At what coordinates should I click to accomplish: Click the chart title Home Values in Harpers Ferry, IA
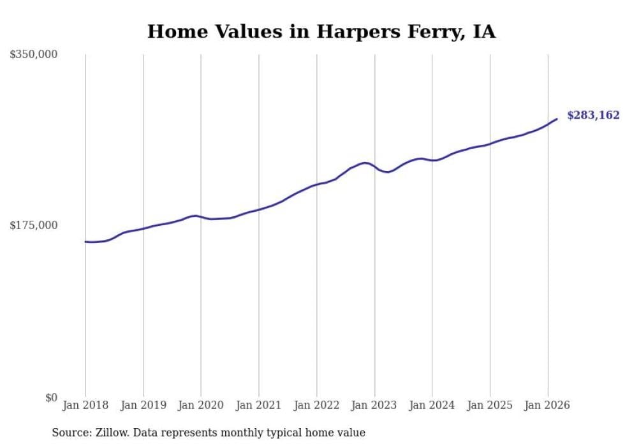click(321, 31)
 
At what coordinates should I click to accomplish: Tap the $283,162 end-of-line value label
click(592, 115)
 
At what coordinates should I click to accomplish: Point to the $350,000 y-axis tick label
click(33, 55)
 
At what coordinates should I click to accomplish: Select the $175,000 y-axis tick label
click(33, 225)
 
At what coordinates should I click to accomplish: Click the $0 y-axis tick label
click(50, 398)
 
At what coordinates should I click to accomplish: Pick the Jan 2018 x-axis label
click(85, 405)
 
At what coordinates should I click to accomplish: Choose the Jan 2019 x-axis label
click(143, 405)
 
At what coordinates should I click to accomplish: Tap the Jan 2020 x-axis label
click(201, 405)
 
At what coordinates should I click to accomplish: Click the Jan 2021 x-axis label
click(259, 405)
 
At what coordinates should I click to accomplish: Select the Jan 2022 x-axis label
click(316, 405)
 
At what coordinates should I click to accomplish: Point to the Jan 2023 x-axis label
click(374, 405)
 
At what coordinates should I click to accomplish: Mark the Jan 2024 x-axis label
click(432, 405)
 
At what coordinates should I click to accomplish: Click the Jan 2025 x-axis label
click(490, 405)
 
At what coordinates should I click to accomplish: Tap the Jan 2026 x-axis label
click(547, 405)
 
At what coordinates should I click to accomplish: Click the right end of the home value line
click(557, 119)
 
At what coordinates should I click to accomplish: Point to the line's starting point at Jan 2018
click(85, 242)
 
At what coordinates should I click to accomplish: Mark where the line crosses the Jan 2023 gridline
click(374, 167)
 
